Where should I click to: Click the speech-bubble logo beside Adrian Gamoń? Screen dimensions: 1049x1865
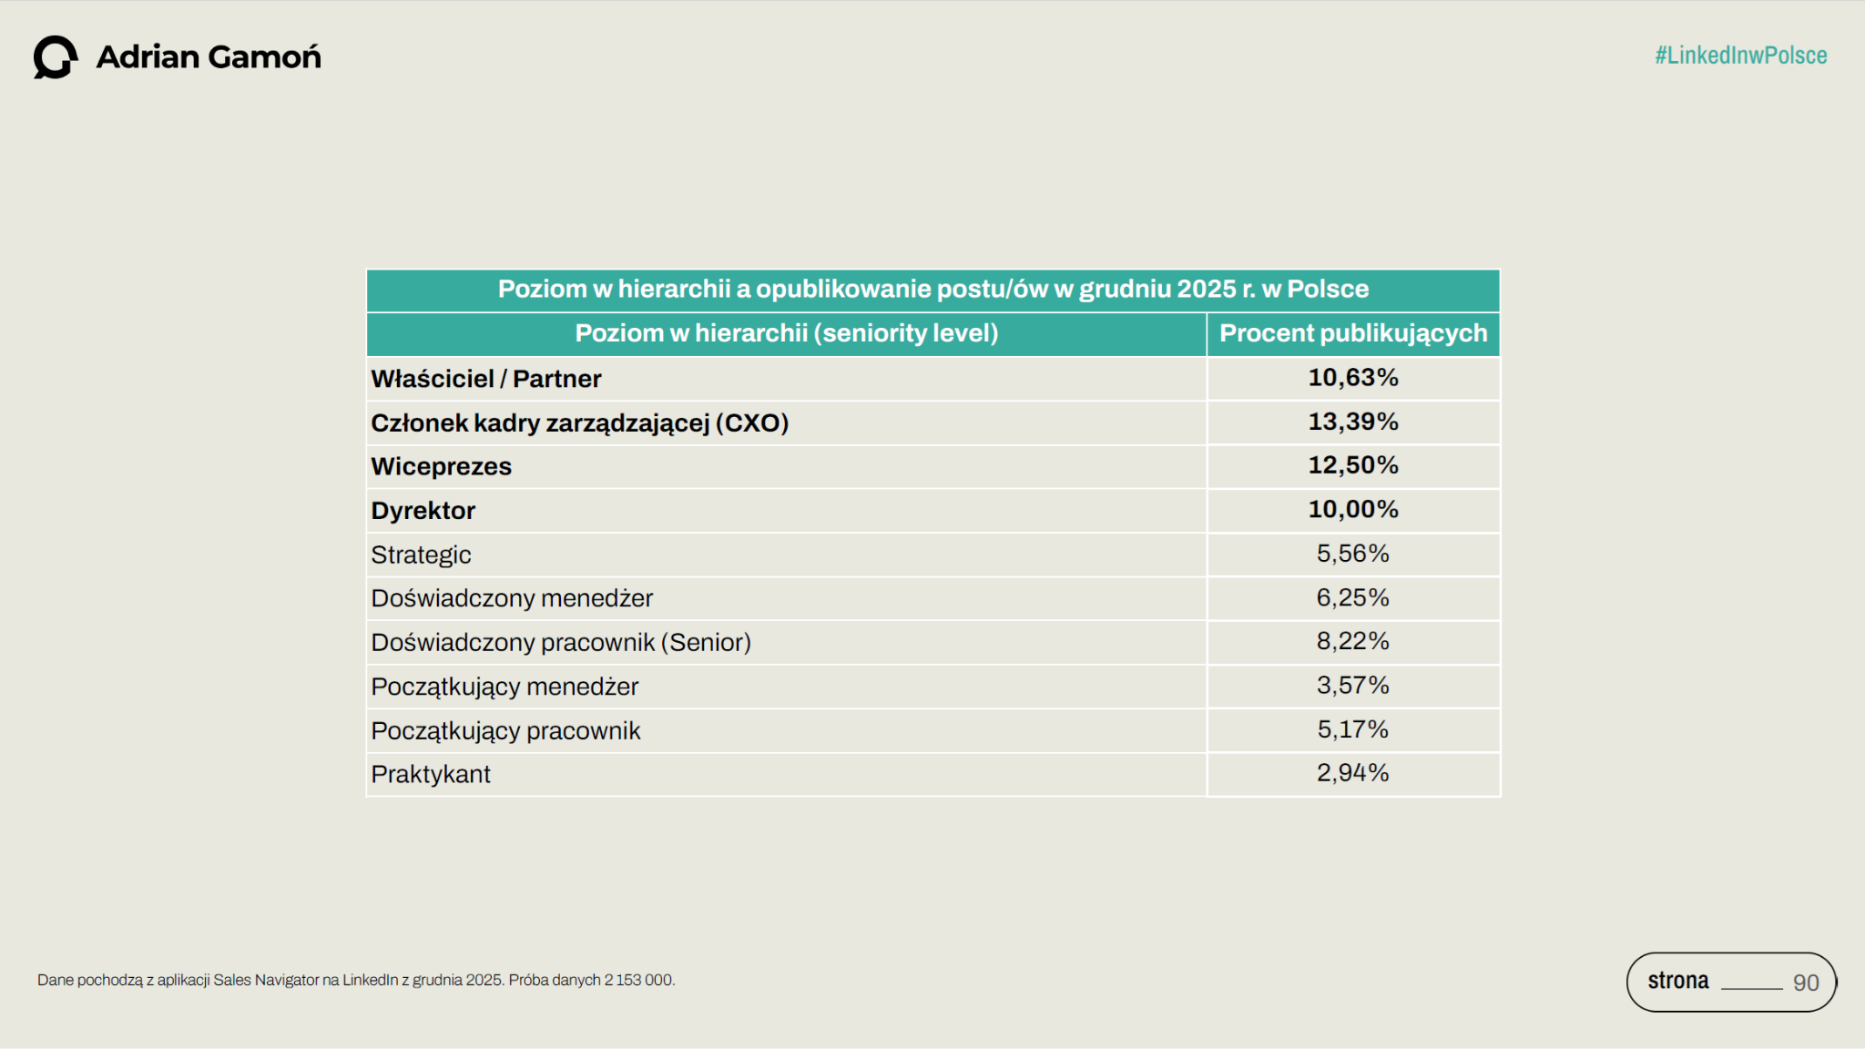tap(55, 57)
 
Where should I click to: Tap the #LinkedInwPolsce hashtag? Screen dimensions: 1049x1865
tap(1740, 56)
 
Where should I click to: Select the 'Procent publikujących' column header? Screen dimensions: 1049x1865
tap(1352, 333)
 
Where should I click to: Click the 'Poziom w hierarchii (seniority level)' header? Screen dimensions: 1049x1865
tap(786, 333)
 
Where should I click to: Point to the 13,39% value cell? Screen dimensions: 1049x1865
tap(1352, 422)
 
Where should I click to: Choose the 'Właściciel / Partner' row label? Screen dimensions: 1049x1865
tap(485, 379)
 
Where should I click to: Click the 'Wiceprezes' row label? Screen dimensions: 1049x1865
tap(441, 466)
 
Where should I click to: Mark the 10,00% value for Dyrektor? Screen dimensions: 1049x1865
tap(1352, 509)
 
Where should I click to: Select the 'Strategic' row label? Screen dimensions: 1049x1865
tap(421, 555)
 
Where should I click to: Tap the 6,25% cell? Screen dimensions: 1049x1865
tap(1352, 597)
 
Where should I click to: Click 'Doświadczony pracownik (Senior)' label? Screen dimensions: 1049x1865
tap(560, 642)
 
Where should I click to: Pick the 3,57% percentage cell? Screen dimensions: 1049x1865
tap(1352, 685)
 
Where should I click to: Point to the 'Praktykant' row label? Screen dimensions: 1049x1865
tap(430, 774)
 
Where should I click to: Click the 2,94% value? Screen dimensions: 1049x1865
tap(1352, 773)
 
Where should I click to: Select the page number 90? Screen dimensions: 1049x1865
tap(1805, 983)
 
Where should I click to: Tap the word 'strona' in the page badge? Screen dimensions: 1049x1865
tap(1677, 981)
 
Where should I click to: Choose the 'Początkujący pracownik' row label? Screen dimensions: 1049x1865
tap(505, 730)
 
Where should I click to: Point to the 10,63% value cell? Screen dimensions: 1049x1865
tap(1352, 377)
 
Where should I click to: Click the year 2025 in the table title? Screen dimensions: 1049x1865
tap(1206, 289)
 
